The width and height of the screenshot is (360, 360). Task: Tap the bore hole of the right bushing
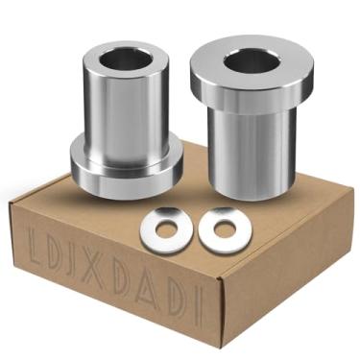click(x=252, y=63)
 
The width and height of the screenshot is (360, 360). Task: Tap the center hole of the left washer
click(x=163, y=228)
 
